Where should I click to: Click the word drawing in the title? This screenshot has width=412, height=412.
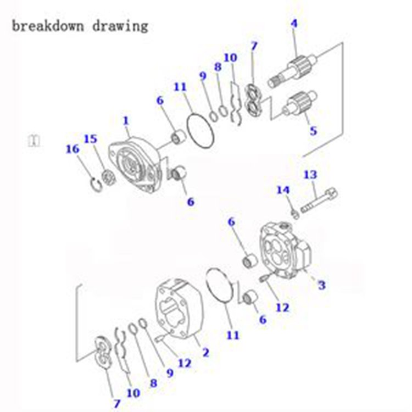click(120, 26)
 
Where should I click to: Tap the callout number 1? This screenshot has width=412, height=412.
click(126, 120)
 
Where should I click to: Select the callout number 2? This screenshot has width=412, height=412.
click(205, 352)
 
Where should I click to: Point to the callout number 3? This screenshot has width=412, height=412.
click(321, 285)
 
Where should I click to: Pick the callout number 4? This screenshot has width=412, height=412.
click(294, 24)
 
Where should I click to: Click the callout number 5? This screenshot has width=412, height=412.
click(313, 131)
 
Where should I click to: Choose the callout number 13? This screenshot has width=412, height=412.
click(310, 175)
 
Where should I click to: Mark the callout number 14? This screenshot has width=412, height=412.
click(282, 190)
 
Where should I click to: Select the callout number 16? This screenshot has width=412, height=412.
click(73, 149)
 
